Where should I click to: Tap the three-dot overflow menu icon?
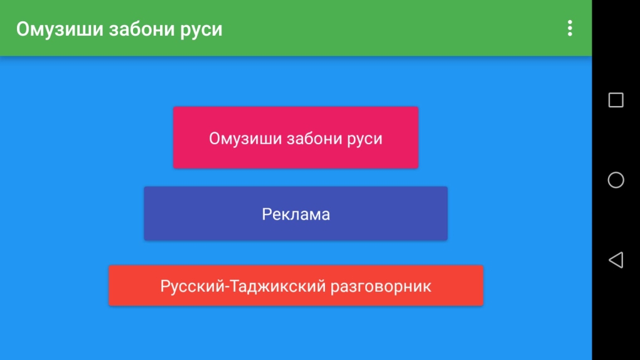(x=570, y=28)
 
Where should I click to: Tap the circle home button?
(x=616, y=180)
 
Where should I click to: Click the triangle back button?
(x=616, y=260)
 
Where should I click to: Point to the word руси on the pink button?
(x=365, y=138)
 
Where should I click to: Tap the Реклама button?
(x=296, y=214)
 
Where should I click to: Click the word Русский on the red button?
(x=191, y=286)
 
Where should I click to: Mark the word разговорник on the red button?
(x=381, y=286)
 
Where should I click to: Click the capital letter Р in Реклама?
(x=266, y=214)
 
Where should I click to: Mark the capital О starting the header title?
(x=23, y=29)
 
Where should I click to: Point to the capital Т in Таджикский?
(x=233, y=286)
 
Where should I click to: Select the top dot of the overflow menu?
(x=570, y=23)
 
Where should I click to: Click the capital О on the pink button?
(x=215, y=138)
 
